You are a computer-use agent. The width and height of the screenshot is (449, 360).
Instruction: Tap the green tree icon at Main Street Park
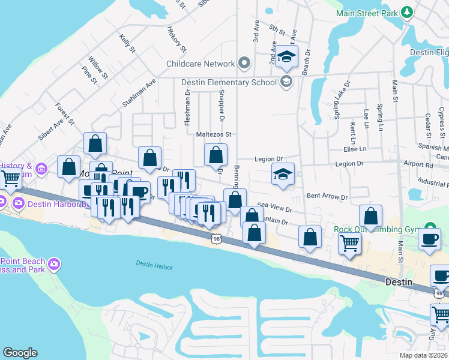[407, 12]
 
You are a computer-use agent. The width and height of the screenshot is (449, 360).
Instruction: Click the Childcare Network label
[201, 64]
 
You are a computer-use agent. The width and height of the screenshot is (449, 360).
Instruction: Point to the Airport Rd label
[418, 163]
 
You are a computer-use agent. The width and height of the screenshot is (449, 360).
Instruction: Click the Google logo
[20, 353]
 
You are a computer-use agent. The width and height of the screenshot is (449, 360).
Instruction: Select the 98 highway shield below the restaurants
[217, 239]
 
